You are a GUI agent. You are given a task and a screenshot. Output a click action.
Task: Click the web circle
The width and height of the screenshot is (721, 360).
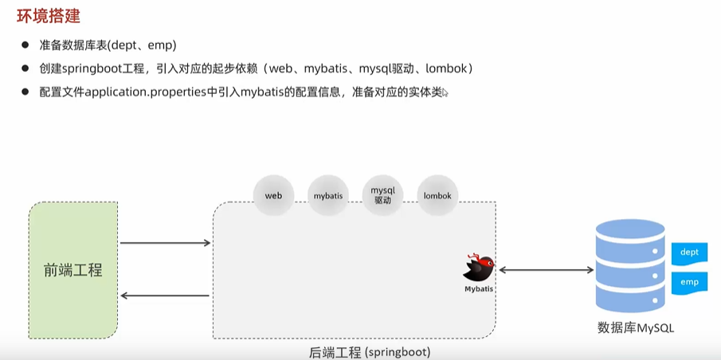tap(274, 196)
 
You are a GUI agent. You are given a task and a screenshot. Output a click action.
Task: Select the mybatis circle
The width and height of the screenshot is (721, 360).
tap(328, 196)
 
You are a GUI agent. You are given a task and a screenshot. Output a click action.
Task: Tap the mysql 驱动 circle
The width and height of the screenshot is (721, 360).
tap(383, 195)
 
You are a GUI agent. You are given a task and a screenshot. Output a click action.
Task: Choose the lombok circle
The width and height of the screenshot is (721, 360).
tap(437, 196)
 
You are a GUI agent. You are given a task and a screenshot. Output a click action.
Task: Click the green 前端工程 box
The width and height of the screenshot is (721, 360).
tap(73, 269)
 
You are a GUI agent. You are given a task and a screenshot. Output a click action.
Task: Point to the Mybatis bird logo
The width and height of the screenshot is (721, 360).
tap(480, 267)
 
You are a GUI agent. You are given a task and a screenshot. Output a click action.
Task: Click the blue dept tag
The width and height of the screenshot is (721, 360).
tap(689, 252)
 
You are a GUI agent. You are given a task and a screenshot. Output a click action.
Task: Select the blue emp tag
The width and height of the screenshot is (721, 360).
tap(689, 282)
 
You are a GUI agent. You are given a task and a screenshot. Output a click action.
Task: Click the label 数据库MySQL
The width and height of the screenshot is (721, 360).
tap(641, 327)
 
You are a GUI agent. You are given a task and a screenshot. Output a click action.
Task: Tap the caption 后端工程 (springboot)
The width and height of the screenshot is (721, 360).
tap(370, 351)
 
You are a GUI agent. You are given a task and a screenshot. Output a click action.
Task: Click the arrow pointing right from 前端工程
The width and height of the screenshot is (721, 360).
tap(165, 242)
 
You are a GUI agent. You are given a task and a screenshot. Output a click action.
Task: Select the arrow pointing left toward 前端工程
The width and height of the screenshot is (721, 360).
tap(165, 296)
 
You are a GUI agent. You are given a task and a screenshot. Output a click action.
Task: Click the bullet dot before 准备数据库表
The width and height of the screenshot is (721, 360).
tap(26, 45)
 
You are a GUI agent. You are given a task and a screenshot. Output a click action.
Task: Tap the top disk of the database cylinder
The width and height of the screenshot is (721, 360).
tap(629, 232)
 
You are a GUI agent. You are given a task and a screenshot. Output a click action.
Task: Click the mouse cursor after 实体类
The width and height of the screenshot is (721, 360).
tap(445, 93)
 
